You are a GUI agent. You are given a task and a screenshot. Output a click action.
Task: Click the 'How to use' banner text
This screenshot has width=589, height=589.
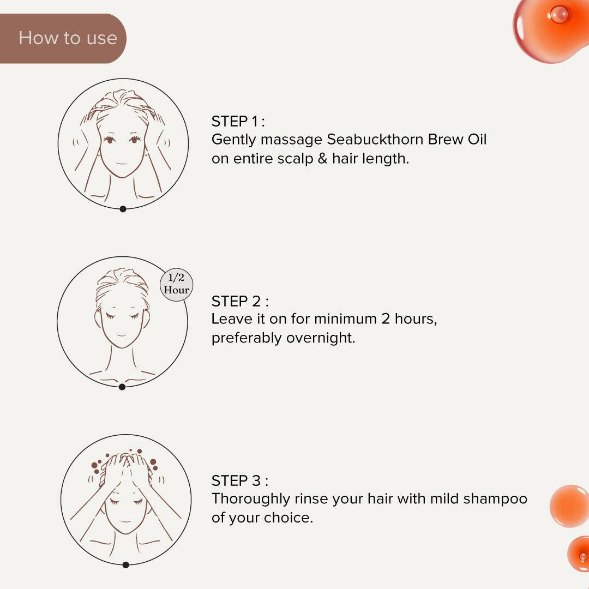coord(68,38)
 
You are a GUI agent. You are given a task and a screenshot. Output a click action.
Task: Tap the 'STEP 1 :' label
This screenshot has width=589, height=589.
coord(238,121)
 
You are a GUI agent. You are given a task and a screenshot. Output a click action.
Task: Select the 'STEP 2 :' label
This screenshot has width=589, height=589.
coord(240,301)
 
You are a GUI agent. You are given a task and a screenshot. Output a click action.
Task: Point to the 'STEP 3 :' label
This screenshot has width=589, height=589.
coord(240,480)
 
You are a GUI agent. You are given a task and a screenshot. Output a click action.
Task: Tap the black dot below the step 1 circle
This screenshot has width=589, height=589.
coord(123,208)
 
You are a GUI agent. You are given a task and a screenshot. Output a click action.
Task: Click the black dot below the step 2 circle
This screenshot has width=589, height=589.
coord(122,387)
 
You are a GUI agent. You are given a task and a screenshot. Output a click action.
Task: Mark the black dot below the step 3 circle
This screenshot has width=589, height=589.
coord(125,564)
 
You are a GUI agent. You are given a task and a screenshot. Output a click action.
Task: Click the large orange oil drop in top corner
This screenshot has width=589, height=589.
coord(551,27)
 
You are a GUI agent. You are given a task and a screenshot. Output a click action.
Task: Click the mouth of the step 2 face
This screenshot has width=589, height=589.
coord(121,335)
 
